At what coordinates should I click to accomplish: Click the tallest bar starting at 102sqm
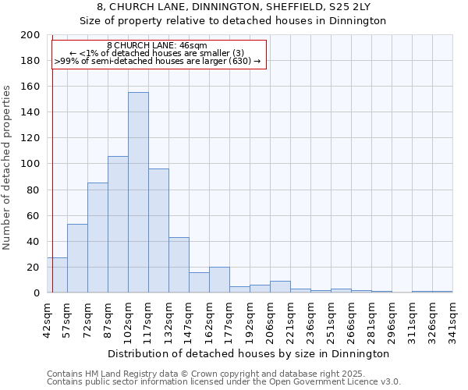[138, 193]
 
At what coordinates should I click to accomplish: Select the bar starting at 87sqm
[118, 225]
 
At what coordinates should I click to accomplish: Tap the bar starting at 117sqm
[158, 231]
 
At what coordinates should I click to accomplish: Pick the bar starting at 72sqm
[97, 238]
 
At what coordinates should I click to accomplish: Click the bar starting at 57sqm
[77, 258]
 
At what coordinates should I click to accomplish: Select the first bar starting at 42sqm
[57, 275]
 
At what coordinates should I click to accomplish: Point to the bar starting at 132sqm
[179, 265]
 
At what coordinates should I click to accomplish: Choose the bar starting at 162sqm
[219, 280]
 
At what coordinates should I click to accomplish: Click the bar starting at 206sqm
[280, 287]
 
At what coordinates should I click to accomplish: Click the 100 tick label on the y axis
[30, 164]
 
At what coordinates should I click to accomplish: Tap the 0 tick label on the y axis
[37, 293]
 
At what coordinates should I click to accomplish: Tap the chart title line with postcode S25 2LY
[233, 7]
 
